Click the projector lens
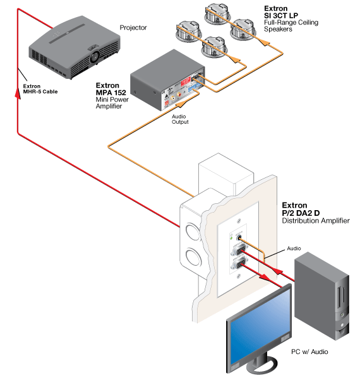coord(95,57)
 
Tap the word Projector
coord(133,28)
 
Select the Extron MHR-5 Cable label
coord(40,89)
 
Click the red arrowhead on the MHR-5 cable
coord(18,93)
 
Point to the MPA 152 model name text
coord(111,93)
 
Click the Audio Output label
coord(180,119)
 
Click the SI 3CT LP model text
coord(281,15)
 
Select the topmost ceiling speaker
coord(217,13)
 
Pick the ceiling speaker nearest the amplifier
coord(213,47)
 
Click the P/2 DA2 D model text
coord(301,213)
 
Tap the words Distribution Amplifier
coord(316,221)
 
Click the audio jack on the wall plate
coord(239,238)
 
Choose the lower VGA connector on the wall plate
coord(239,264)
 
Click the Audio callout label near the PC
coord(294,248)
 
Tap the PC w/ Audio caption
coord(309,351)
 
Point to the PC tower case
coord(321,296)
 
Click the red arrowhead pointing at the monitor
coord(265,277)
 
